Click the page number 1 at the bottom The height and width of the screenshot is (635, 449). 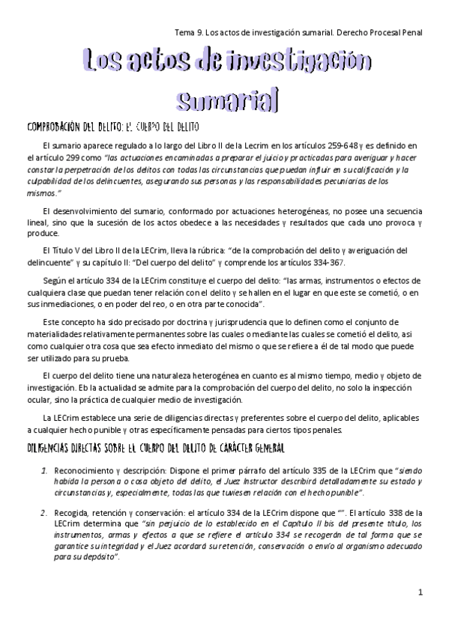421,592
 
